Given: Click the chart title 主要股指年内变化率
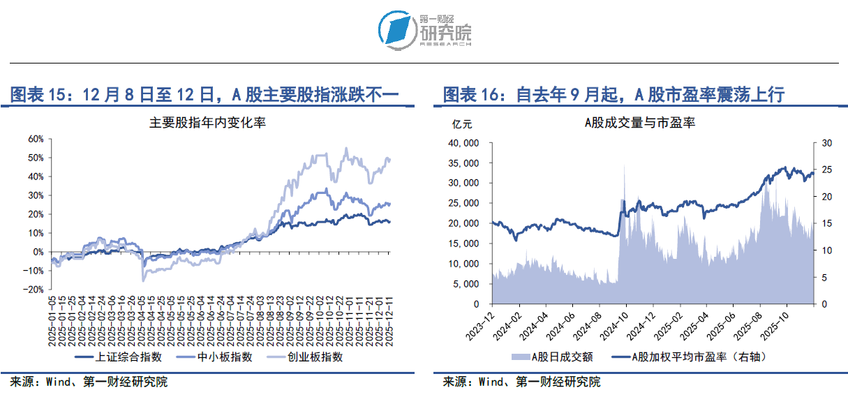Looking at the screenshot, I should (207, 123).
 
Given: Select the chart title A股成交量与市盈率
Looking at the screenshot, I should (639, 123).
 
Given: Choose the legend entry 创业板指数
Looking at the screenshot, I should (312, 357).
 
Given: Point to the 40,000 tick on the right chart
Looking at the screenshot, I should (462, 143).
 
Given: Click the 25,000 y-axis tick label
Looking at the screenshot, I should (462, 204).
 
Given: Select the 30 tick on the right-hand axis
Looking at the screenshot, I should (826, 143).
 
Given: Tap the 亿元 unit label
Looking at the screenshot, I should (461, 125).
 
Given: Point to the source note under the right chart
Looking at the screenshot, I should (521, 382).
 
